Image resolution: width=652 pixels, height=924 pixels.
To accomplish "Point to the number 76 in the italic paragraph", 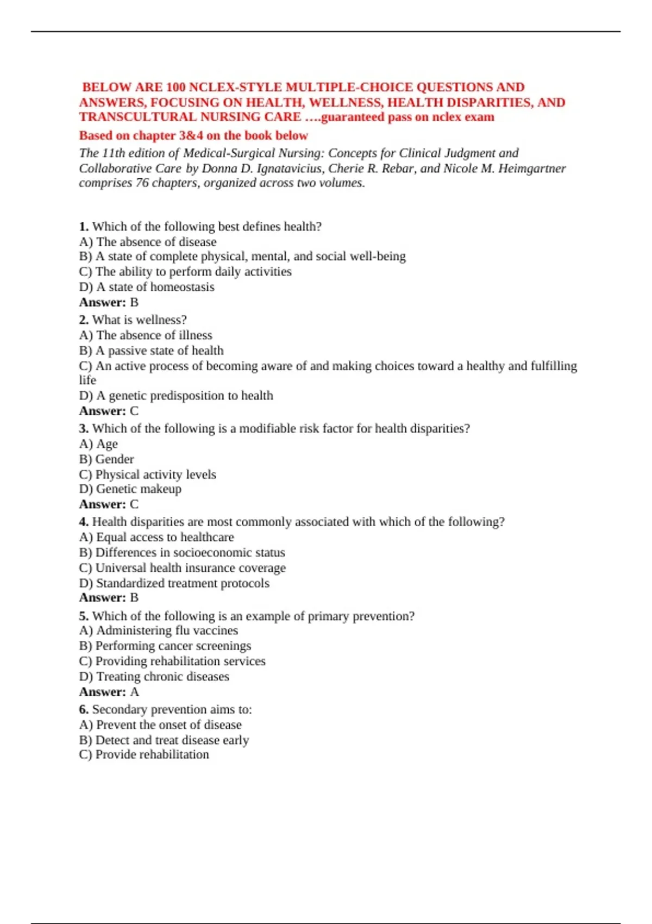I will pyautogui.click(x=142, y=183).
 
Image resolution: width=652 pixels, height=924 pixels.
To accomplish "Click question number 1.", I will pyautogui.click(x=84, y=227).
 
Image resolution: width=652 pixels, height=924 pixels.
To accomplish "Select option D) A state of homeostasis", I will pyautogui.click(x=147, y=287).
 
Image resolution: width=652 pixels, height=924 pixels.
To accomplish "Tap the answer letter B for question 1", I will pyautogui.click(x=134, y=302).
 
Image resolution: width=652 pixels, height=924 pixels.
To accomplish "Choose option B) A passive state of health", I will pyautogui.click(x=151, y=351).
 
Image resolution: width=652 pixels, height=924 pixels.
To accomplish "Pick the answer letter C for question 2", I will pyautogui.click(x=134, y=411).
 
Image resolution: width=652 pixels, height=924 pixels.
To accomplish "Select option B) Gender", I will pyautogui.click(x=106, y=459).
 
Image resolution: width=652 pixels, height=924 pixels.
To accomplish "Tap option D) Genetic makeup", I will pyautogui.click(x=130, y=489).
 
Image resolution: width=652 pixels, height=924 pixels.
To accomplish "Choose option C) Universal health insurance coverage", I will pyautogui.click(x=183, y=568).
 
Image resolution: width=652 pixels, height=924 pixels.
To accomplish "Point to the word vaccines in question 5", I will pyautogui.click(x=215, y=630).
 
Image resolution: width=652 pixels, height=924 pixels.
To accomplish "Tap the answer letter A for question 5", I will pyautogui.click(x=134, y=692).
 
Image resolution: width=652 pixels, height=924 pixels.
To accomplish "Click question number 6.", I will pyautogui.click(x=84, y=709).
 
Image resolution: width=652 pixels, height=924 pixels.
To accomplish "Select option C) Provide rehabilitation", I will pyautogui.click(x=144, y=754).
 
